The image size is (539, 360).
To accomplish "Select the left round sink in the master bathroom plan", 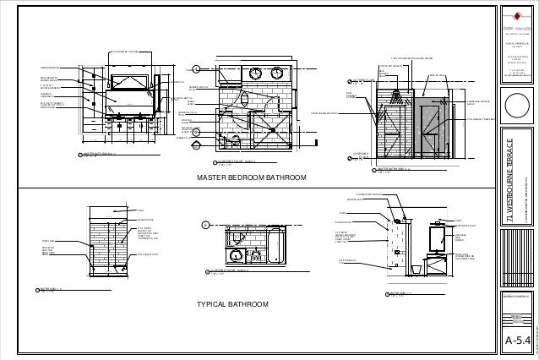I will click(x=255, y=74).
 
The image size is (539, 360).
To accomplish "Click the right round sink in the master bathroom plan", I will click(x=278, y=74).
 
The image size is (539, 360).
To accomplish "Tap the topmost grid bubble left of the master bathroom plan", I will click(x=196, y=68).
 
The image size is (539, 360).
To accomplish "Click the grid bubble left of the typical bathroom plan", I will click(x=204, y=225).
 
